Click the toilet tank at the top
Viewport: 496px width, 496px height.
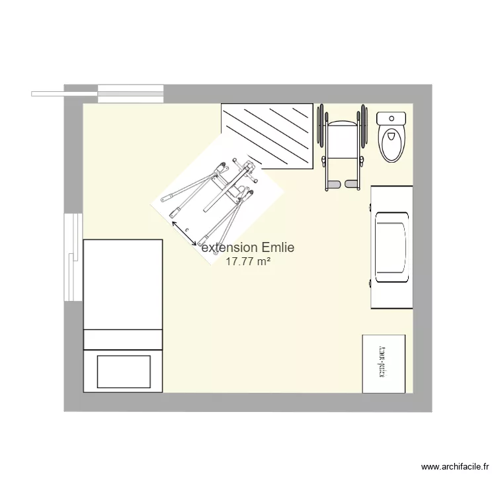pos(391,119)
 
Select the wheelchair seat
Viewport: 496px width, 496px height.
pos(342,140)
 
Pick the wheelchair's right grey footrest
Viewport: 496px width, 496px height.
pos(351,183)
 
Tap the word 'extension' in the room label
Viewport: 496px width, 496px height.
pos(229,248)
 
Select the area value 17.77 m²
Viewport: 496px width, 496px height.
pos(247,262)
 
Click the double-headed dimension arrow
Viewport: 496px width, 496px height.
pos(185,233)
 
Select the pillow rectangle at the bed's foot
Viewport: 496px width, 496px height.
pos(124,372)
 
